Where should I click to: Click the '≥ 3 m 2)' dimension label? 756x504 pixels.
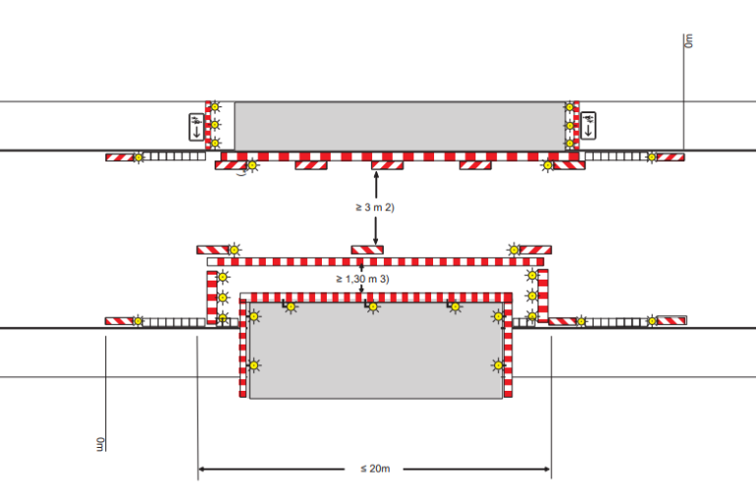[375, 208]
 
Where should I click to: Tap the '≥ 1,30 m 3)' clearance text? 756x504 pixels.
[362, 279]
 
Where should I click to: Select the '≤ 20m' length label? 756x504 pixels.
[375, 469]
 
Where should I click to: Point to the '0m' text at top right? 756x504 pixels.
[689, 40]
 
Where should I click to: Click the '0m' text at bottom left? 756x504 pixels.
[100, 444]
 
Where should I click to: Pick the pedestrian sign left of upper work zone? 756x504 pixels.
[196, 127]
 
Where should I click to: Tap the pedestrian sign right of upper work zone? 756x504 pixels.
[589, 125]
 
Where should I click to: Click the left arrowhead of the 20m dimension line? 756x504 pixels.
[202, 469]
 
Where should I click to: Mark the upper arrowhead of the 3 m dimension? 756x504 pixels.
[376, 175]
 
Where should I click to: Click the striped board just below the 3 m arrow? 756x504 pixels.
[367, 250]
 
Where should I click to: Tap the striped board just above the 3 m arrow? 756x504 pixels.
[387, 165]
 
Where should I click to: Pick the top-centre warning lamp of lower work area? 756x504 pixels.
[373, 307]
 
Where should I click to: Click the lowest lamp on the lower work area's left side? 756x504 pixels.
[254, 365]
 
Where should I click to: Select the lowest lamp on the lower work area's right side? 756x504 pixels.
[498, 365]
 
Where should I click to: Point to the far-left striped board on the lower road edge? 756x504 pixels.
[119, 321]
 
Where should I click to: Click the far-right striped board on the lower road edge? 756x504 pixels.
[671, 320]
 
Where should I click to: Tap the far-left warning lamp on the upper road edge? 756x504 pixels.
[139, 157]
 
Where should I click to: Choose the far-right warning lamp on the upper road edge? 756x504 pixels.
[652, 157]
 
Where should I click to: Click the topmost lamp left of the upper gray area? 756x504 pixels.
[215, 106]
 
